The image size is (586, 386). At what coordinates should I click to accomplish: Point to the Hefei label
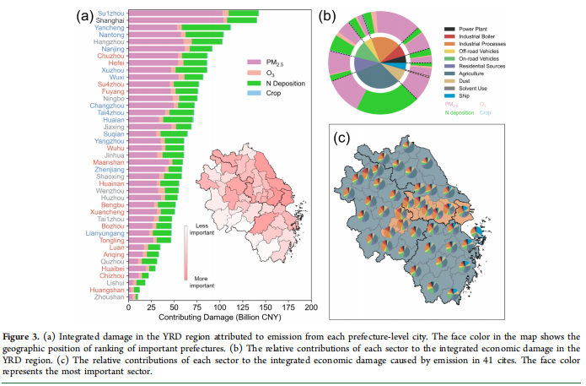point(116,63)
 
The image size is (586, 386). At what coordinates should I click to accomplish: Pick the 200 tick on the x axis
point(310,308)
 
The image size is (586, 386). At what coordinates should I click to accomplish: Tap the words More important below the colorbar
point(202,280)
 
